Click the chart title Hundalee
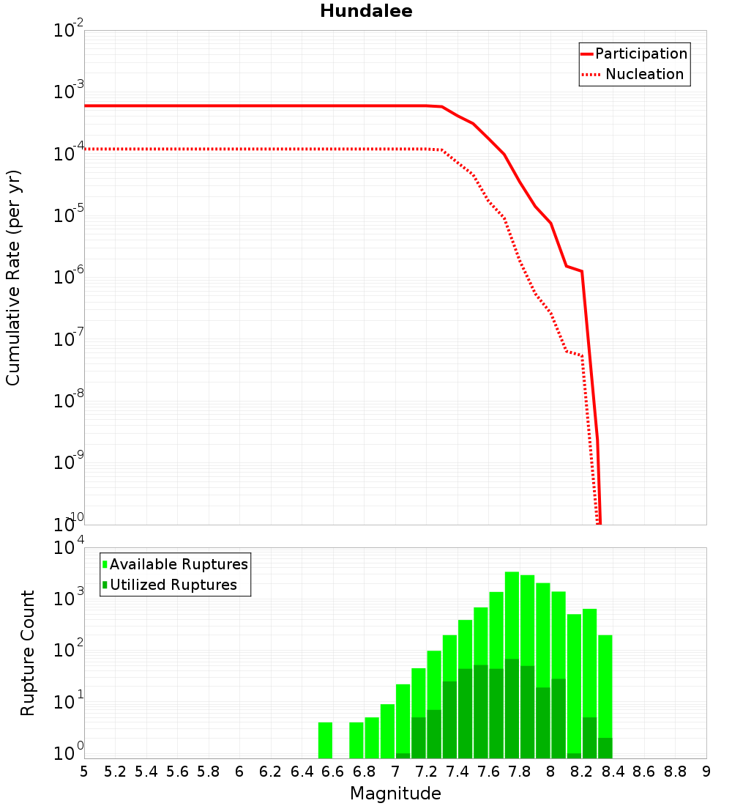pos(366,12)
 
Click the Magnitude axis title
pos(395,794)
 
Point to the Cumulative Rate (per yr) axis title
pos(13,278)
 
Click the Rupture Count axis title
pos(28,652)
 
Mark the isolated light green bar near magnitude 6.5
pos(325,740)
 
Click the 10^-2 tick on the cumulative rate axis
pos(69,31)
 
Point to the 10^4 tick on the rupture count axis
pos(69,548)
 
